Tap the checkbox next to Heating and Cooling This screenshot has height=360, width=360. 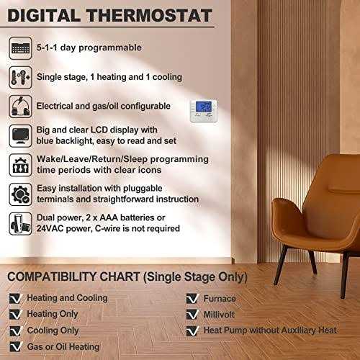point(15,299)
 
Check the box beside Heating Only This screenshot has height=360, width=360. point(15,315)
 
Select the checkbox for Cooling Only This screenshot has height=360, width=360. point(15,331)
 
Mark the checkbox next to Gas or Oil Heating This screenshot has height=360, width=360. point(15,348)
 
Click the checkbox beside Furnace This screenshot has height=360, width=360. point(191,299)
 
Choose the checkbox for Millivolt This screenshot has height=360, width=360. point(191,315)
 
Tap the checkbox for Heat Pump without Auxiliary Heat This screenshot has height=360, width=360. point(191,331)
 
